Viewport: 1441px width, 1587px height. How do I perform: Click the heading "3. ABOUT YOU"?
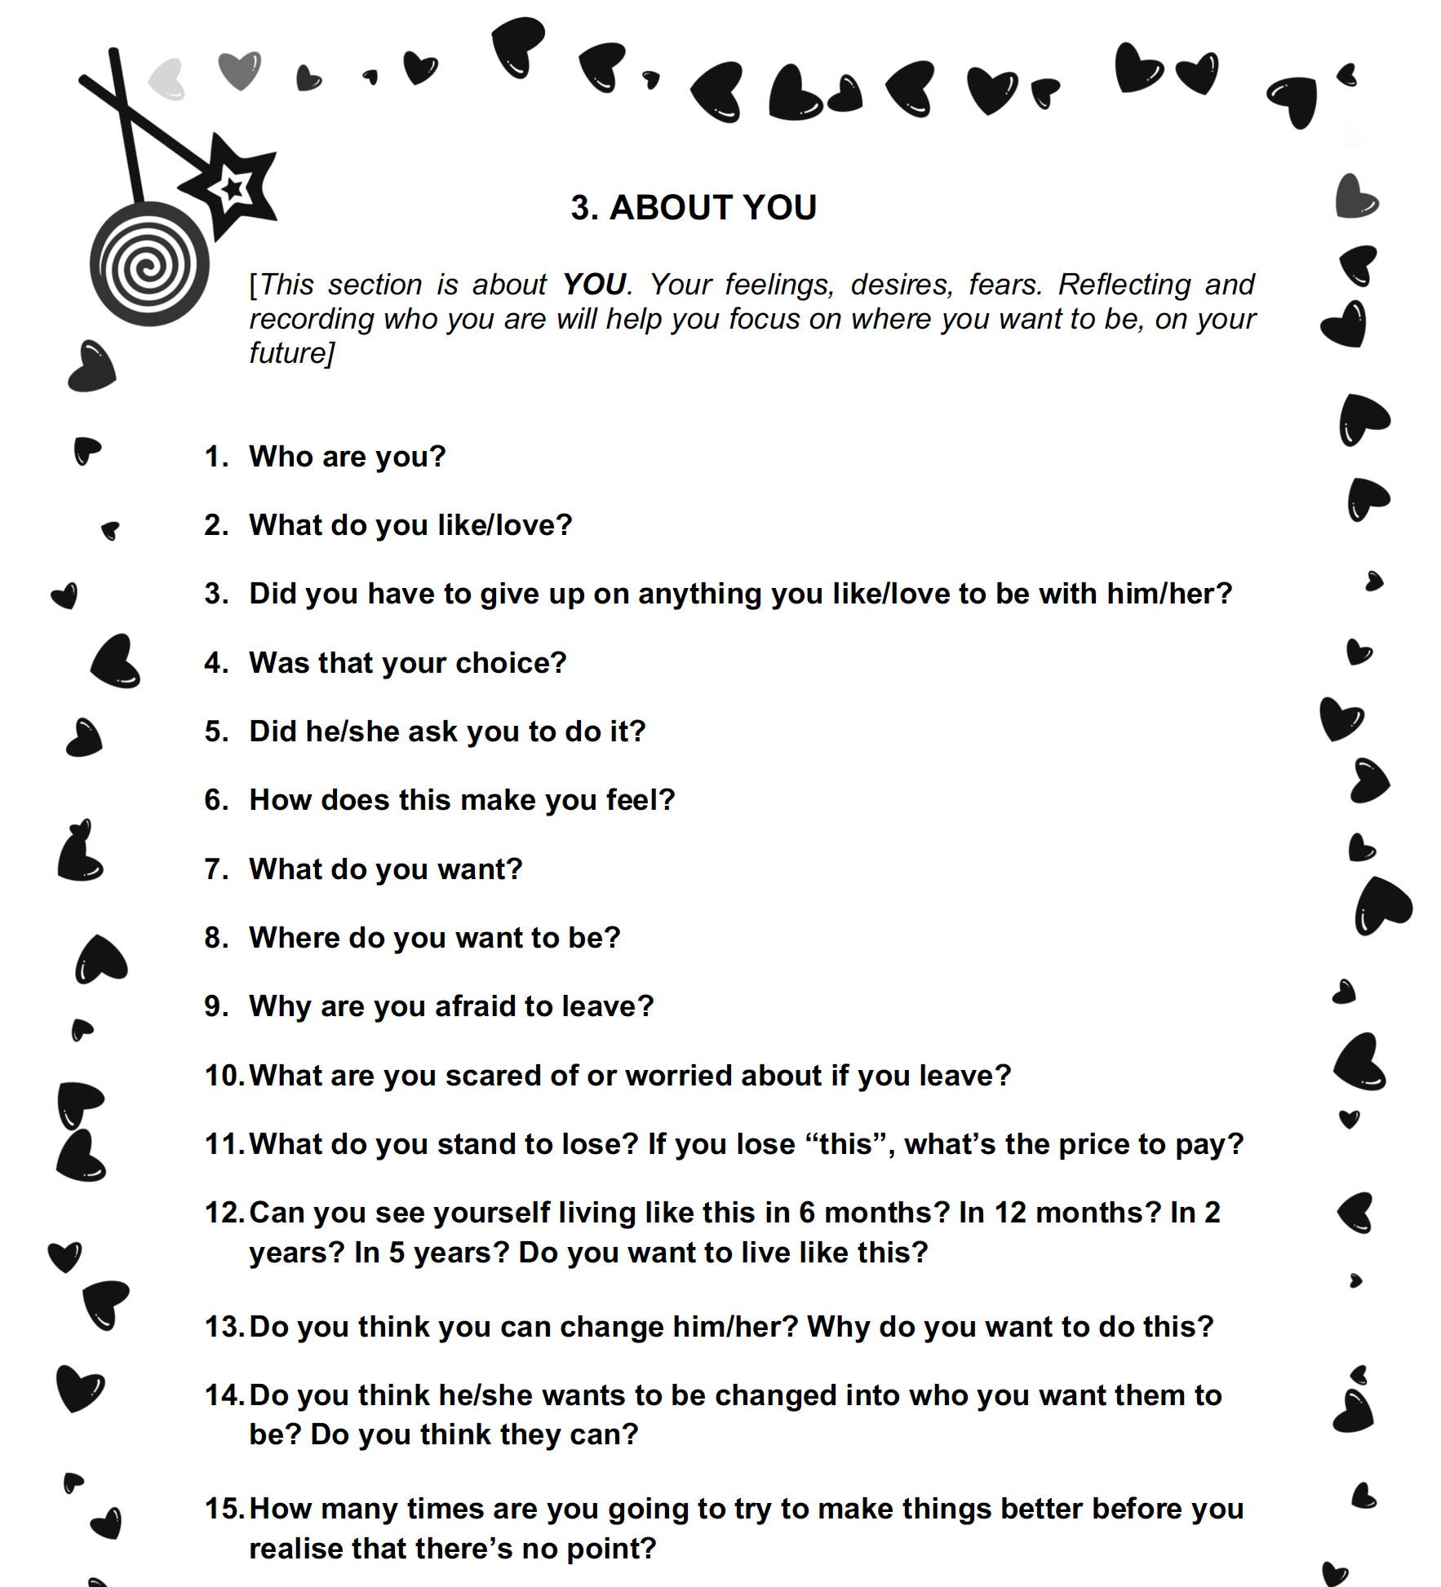(693, 208)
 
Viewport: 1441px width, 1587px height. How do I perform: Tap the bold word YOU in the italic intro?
(594, 285)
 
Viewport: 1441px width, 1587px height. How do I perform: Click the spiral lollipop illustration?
(149, 264)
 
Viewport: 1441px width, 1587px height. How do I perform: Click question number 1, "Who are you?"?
(347, 457)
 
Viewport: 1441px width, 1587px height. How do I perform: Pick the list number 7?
(215, 869)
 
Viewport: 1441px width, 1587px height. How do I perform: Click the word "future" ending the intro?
(287, 353)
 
